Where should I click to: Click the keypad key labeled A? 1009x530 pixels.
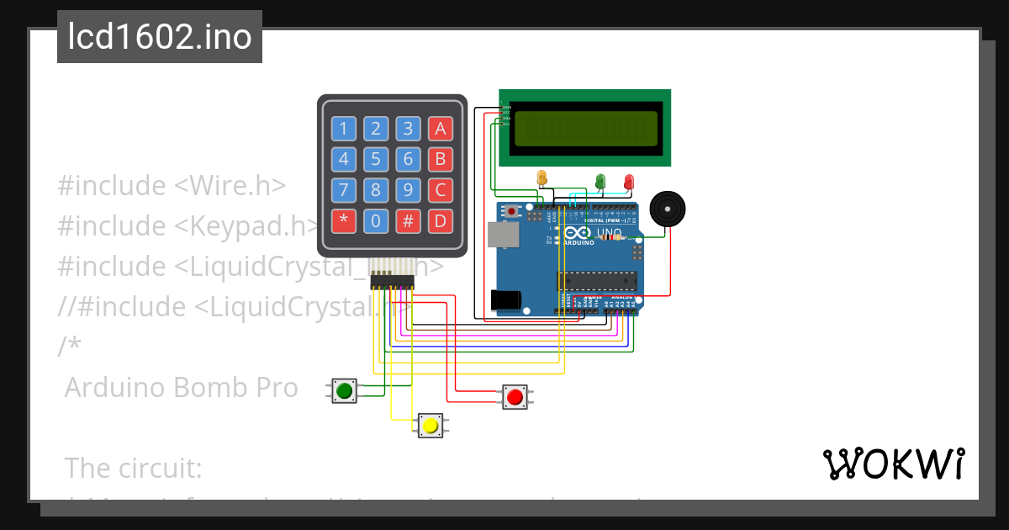[x=440, y=129]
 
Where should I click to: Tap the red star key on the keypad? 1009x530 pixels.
[x=343, y=221]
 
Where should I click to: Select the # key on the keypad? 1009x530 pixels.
[x=408, y=221]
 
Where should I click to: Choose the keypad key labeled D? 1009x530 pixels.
[x=440, y=221]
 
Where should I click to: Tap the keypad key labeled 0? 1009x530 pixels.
[x=376, y=221]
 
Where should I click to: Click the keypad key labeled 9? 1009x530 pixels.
[x=408, y=190]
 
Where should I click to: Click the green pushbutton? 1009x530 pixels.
[x=344, y=390]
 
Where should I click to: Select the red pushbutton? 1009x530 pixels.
[x=515, y=396]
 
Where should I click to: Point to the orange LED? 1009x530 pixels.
[x=541, y=178]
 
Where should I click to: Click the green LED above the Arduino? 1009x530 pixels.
[x=600, y=180]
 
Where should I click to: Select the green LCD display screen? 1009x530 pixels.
[x=585, y=127]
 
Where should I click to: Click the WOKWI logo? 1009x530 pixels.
[x=893, y=464]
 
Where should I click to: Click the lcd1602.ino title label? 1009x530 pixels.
[x=160, y=37]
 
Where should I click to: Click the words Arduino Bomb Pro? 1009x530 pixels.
[x=181, y=388]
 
